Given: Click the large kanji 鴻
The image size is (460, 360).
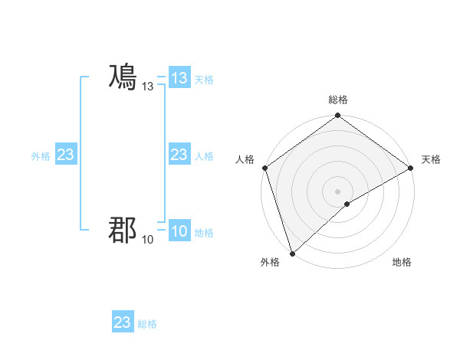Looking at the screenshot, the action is (123, 78).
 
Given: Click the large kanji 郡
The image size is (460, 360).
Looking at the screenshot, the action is (123, 229).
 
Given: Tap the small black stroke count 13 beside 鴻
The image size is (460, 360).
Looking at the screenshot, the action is (148, 87).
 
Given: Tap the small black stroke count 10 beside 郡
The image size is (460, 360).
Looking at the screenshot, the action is (148, 240).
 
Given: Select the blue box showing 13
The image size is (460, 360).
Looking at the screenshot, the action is (179, 78).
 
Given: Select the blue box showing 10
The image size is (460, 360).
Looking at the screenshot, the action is (179, 231).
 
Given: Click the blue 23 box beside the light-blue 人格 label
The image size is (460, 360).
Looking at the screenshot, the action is (179, 155).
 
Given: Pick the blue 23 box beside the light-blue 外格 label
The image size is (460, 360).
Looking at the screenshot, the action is (65, 155).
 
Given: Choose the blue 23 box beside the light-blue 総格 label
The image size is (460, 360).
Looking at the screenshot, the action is (123, 322).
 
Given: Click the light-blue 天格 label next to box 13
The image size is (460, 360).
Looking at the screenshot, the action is (204, 80).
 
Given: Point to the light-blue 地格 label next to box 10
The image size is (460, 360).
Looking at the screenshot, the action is (204, 233).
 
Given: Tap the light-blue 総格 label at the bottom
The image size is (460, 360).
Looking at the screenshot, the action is (147, 324).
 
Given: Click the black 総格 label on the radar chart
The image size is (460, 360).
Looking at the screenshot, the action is (337, 100).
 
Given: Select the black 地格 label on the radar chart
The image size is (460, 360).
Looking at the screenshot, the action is (402, 262).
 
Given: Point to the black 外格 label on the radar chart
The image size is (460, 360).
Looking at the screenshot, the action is (270, 262).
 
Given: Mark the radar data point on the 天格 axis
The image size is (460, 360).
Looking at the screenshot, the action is (410, 168).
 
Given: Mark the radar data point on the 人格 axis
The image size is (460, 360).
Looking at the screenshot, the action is (264, 168).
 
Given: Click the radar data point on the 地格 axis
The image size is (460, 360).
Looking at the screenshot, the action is (347, 204).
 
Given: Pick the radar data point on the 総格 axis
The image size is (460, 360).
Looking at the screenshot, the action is (337, 116).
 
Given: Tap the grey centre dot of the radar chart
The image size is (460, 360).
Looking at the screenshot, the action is (337, 191).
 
